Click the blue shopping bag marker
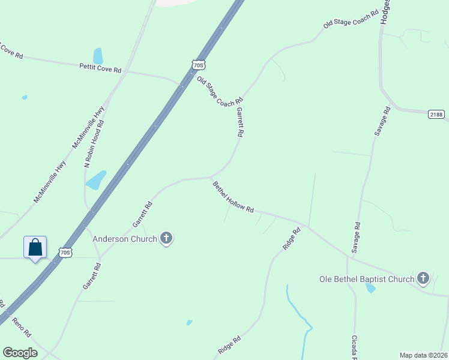click(35, 247)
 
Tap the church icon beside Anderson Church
click(166, 239)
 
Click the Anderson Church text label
click(124, 239)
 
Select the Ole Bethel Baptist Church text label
click(367, 279)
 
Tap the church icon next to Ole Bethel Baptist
click(423, 278)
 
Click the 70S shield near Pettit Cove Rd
click(199, 64)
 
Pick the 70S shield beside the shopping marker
click(65, 253)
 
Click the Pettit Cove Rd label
click(100, 68)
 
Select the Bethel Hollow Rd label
click(234, 197)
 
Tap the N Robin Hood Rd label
click(94, 143)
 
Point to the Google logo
click(20, 352)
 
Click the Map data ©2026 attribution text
click(423, 355)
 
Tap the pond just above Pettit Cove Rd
click(98, 55)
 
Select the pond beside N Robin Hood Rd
click(96, 179)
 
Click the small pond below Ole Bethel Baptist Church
click(370, 288)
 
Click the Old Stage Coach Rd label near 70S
click(220, 92)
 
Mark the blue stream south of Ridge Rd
click(298, 312)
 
